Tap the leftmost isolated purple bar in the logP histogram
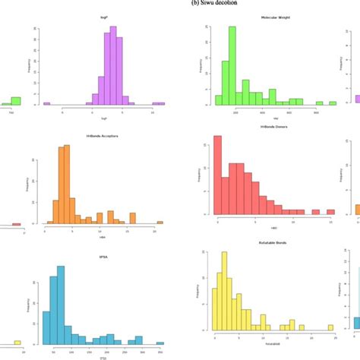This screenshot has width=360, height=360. point(47,103)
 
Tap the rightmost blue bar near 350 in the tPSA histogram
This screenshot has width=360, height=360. point(160,343)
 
